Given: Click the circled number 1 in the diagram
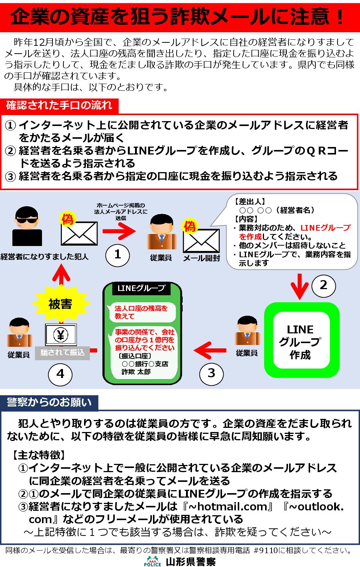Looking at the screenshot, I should (117, 255).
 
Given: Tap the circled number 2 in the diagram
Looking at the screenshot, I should (323, 285).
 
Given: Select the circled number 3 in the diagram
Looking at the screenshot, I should (211, 373).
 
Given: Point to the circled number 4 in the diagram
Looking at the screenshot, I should (60, 374).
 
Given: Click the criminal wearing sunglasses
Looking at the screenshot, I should (27, 226).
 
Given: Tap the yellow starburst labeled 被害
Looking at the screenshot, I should (60, 304).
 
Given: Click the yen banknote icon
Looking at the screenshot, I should (61, 334).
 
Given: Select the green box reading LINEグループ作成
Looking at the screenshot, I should (301, 340).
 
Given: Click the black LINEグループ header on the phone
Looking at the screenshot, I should (141, 288).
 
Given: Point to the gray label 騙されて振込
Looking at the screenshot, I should (62, 353).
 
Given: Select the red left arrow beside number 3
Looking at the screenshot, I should (210, 350).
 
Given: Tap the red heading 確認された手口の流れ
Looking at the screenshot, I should (59, 105).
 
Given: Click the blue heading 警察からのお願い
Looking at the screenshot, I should (49, 402).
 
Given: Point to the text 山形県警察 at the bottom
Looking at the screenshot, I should (190, 561).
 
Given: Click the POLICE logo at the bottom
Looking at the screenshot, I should (152, 561).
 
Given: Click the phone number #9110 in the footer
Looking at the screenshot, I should (265, 550).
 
